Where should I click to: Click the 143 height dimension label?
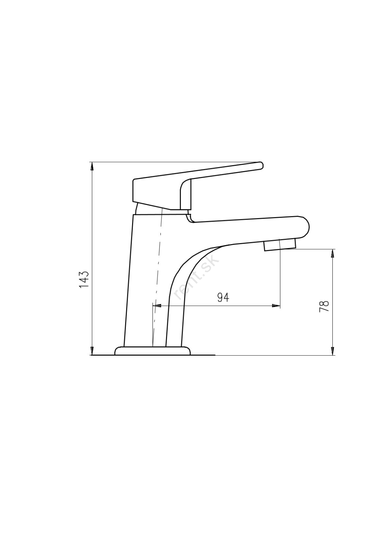[x=84, y=279]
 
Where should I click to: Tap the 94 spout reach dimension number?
[x=223, y=297]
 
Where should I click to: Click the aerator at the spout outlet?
[x=280, y=245]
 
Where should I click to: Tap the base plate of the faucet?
[x=153, y=351]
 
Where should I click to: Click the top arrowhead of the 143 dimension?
[x=92, y=167]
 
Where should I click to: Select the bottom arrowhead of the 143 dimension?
[x=92, y=351]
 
